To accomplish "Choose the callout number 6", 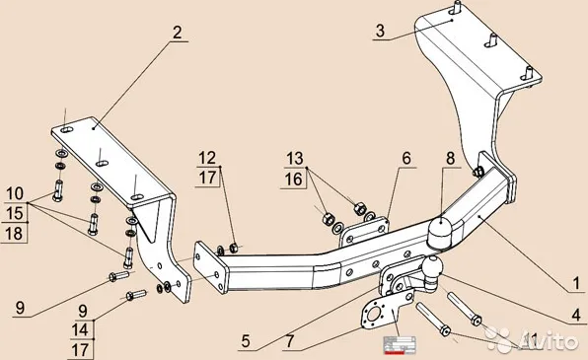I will pos(404,158).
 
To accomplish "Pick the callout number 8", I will pos(449,158).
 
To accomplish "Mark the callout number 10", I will pos(14,192).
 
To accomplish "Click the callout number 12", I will pos(206,158).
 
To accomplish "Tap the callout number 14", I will pos(80,330).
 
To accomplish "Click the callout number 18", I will pos(14,232).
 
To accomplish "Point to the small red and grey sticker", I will pos(401,343).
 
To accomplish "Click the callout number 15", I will pos(14,212).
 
